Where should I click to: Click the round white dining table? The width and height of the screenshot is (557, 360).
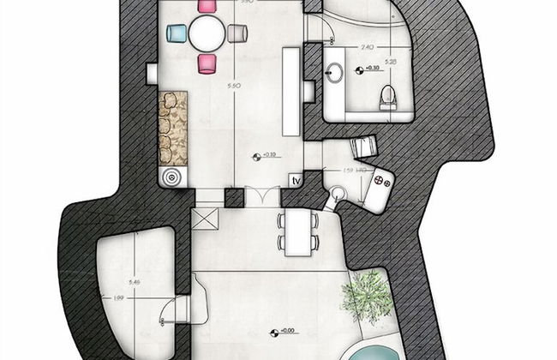[207, 33]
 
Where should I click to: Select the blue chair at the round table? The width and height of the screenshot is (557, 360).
[177, 33]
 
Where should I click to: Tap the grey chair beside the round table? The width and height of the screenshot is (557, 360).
[237, 33]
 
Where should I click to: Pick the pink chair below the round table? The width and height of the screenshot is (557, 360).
[207, 63]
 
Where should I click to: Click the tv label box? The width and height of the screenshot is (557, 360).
[296, 181]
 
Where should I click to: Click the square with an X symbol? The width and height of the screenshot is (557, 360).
[207, 219]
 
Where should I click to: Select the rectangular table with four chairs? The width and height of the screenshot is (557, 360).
[297, 231]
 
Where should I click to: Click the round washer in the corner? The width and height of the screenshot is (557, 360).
[173, 177]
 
